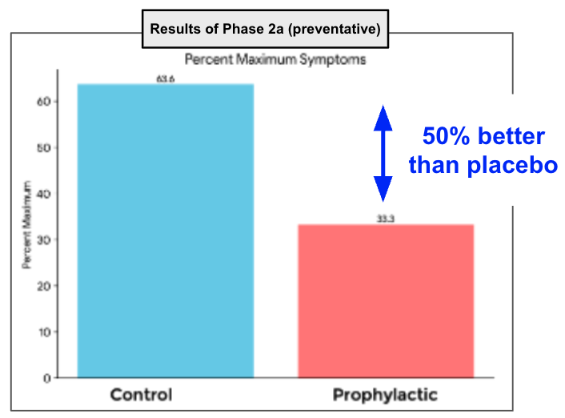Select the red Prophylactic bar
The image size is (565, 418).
[x=386, y=300]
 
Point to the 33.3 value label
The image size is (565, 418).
[x=386, y=219]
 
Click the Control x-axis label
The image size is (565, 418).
[x=141, y=395]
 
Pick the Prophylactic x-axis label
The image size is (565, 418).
[x=385, y=395]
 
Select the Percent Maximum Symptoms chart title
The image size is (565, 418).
[x=275, y=58]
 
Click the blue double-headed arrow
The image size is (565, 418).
[x=383, y=153]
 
